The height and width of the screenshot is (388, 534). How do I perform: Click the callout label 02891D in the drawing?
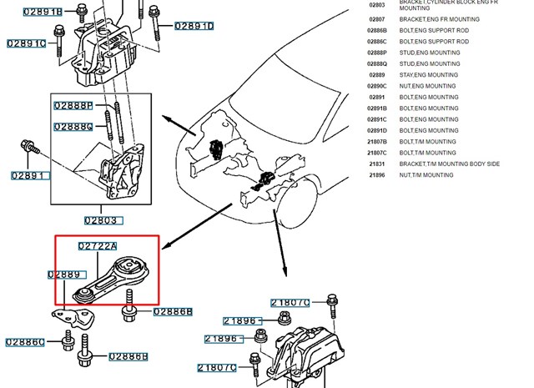pyautogui.click(x=194, y=27)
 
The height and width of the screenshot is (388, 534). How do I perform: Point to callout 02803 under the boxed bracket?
pyautogui.click(x=102, y=221)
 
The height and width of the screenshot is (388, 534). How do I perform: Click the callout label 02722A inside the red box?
pyautogui.click(x=98, y=246)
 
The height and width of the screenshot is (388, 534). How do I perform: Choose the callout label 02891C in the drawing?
pyautogui.click(x=27, y=43)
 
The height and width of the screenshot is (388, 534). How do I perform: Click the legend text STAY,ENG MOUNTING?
pyautogui.click(x=428, y=75)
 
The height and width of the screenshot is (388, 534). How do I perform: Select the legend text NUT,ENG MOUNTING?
pyautogui.click(x=427, y=86)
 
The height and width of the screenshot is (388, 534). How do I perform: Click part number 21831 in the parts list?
pyautogui.click(x=377, y=164)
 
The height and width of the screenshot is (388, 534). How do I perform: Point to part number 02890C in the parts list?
pyautogui.click(x=377, y=86)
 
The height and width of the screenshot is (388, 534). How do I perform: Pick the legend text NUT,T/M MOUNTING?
pyautogui.click(x=426, y=175)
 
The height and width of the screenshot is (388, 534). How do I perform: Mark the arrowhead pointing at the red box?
pyautogui.click(x=164, y=245)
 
